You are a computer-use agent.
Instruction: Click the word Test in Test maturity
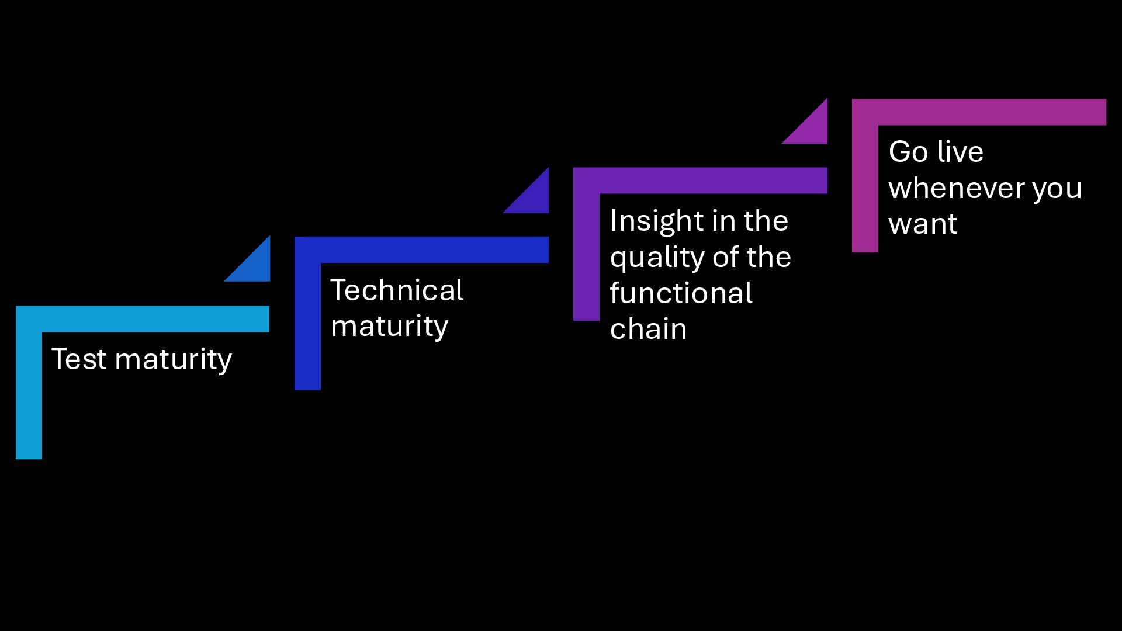[x=79, y=359]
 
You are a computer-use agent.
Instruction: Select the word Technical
[x=397, y=290]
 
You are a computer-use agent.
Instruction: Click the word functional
[x=681, y=293]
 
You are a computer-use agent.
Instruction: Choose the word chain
[x=648, y=329]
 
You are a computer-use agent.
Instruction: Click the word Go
[x=908, y=152]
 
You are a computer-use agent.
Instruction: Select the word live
[x=960, y=152]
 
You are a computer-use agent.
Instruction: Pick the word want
[x=923, y=224]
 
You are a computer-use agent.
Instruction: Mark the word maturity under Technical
[x=389, y=326]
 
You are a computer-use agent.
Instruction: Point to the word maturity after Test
[x=173, y=360]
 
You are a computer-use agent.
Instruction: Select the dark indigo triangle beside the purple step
[x=534, y=198]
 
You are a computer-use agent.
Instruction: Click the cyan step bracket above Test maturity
[x=143, y=319]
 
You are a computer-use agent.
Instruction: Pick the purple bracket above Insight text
[x=700, y=181]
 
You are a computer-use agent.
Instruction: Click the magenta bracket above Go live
[x=979, y=112]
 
